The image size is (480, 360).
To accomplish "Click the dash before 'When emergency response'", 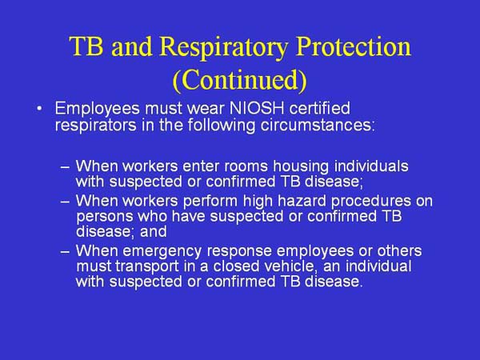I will click(66, 252).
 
